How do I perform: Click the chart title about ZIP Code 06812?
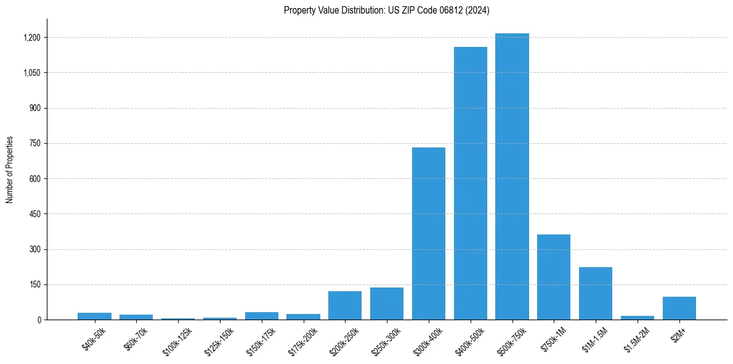point(387,10)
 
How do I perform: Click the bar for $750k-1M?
point(554,277)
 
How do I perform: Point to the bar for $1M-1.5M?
point(596,293)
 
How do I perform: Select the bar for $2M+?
point(679,308)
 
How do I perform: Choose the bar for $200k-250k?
point(345,305)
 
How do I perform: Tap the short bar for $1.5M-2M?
point(638,318)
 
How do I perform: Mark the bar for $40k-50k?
point(94,316)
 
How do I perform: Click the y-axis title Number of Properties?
point(10,170)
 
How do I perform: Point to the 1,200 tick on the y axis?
point(32,38)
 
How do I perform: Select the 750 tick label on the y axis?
point(34,144)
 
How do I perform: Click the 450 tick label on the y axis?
point(34,214)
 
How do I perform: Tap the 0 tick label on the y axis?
point(38,320)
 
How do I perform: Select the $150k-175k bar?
point(262,316)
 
